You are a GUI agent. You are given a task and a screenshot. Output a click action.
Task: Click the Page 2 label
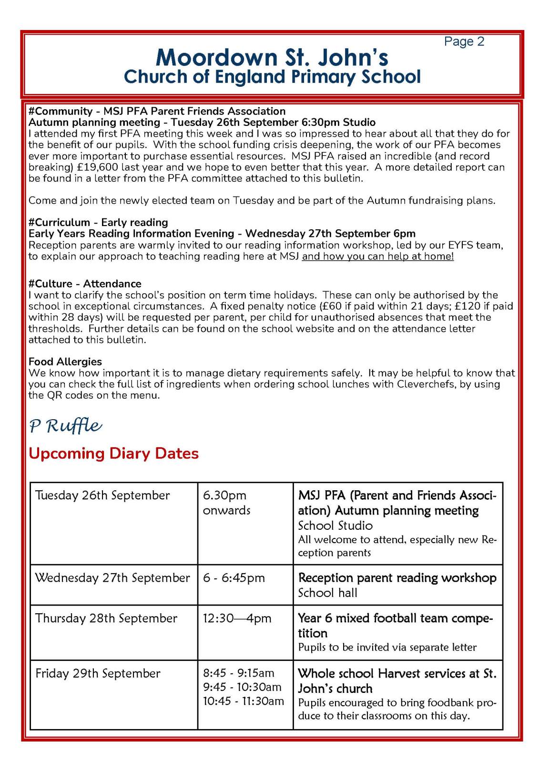tap(464, 41)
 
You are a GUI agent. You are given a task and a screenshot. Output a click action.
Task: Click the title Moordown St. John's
tap(272, 58)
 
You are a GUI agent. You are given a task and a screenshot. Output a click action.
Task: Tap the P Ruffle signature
tap(65, 425)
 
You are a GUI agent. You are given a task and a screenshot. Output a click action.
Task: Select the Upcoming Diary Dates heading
tap(113, 453)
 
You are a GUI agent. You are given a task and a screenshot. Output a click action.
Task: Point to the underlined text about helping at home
tap(377, 256)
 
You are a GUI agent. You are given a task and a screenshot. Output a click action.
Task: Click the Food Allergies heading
tap(65, 361)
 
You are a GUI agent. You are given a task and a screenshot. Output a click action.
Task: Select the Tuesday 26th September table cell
tap(102, 495)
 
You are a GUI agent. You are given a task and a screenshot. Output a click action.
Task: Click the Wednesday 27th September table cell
tap(112, 578)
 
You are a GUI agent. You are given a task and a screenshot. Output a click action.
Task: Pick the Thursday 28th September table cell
tap(106, 619)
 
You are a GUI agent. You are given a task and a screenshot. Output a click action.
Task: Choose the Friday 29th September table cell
tap(98, 673)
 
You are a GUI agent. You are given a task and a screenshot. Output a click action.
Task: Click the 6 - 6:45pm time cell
tap(234, 578)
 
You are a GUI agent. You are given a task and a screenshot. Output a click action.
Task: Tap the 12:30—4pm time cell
tap(237, 619)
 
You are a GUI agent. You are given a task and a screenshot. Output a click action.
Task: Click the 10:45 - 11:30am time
tap(243, 701)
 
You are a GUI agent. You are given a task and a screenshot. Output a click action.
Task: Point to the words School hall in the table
tap(327, 593)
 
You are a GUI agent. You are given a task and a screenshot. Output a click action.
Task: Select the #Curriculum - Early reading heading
tap(98, 222)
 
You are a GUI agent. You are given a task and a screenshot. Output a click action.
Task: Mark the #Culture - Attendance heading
tap(85, 284)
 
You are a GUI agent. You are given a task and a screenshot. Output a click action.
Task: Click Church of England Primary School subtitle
tap(272, 77)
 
